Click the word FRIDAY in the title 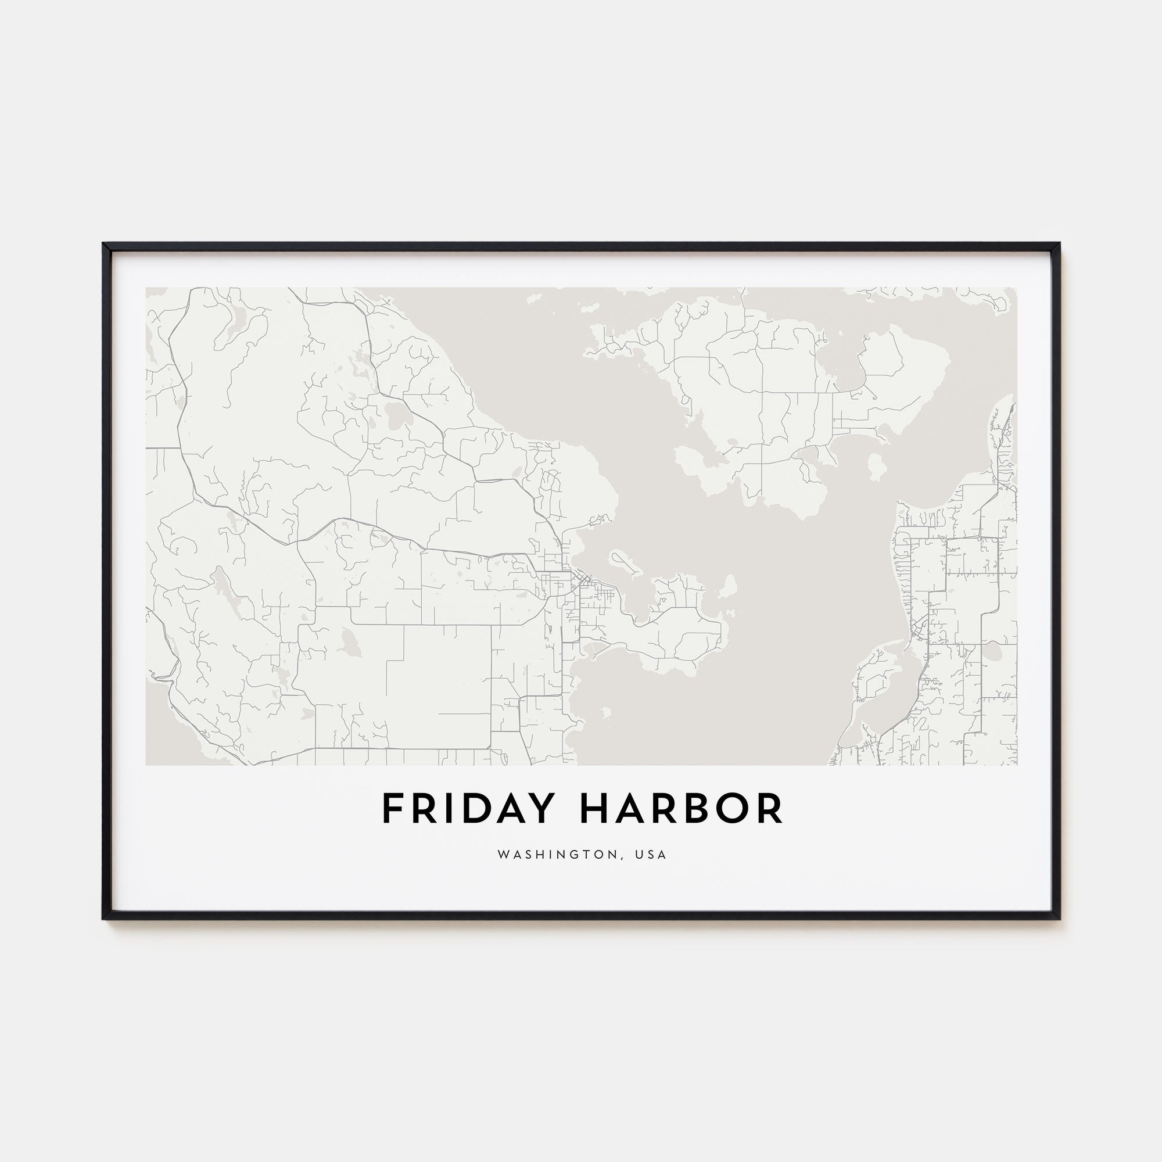[466, 809]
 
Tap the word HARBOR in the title [682, 809]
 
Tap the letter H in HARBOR [594, 809]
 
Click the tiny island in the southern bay [605, 713]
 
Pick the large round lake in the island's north [396, 416]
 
